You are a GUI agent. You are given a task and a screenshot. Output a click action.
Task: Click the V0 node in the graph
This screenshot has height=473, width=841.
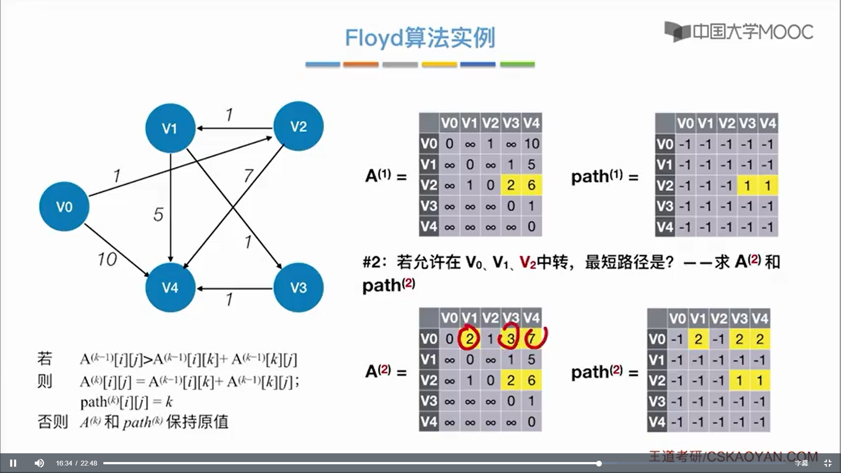click(64, 206)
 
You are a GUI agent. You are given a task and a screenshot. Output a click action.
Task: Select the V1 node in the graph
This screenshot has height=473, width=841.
click(170, 128)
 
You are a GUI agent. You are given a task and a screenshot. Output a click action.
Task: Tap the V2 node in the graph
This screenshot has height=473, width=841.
click(298, 126)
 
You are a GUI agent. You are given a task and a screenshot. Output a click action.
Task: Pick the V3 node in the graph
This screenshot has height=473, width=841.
click(298, 287)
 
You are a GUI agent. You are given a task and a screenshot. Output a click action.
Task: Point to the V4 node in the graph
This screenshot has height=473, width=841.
click(170, 287)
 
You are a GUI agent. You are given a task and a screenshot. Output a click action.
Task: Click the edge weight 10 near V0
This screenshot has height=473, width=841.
click(107, 259)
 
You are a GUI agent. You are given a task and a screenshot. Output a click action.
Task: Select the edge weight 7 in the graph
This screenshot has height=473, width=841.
click(248, 176)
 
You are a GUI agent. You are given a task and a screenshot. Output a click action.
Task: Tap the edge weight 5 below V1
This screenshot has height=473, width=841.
click(158, 214)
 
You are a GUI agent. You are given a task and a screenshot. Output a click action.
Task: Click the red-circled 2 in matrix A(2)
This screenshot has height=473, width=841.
click(469, 338)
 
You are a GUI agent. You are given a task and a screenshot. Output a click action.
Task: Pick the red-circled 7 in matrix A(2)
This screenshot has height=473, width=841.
click(532, 338)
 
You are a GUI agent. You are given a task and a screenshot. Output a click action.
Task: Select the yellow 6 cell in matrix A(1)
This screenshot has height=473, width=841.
click(531, 185)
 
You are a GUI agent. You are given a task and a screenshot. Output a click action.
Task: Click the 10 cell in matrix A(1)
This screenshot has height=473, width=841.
click(531, 144)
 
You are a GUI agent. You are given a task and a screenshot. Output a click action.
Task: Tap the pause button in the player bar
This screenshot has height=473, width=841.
click(13, 463)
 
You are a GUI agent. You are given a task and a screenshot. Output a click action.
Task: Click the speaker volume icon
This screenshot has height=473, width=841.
click(39, 463)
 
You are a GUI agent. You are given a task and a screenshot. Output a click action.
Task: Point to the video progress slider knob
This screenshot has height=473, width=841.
click(599, 463)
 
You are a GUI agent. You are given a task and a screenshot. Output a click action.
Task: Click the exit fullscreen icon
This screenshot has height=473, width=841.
click(827, 463)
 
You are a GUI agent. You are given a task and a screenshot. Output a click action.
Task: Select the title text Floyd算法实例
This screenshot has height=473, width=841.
click(420, 38)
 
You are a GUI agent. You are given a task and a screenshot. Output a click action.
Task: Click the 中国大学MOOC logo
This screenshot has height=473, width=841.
click(739, 32)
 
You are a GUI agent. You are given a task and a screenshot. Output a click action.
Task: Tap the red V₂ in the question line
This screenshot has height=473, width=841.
click(528, 262)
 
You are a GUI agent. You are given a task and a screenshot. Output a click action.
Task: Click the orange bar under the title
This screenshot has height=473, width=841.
click(360, 64)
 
